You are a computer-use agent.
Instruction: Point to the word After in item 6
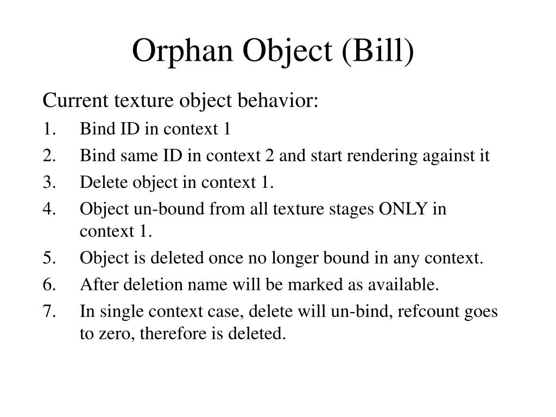(x=97, y=284)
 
